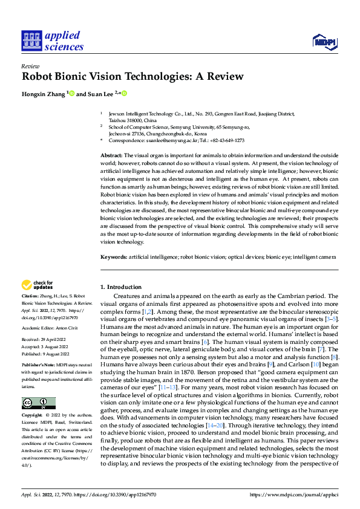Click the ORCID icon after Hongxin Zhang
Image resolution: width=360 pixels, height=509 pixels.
click(71, 94)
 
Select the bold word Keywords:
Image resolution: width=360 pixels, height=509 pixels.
click(113, 257)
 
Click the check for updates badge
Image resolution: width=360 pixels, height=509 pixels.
click(37, 285)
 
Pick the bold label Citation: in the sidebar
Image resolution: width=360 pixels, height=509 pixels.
click(30, 296)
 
